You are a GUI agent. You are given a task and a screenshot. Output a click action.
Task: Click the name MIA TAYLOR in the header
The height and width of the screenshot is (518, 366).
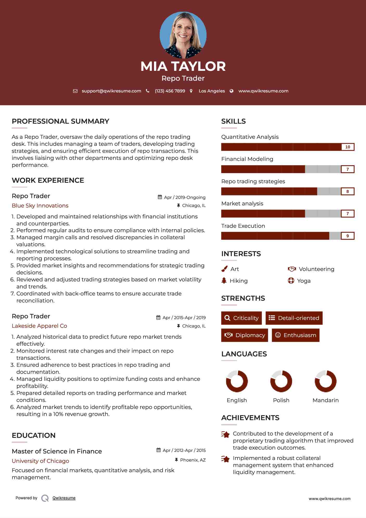[x=183, y=66]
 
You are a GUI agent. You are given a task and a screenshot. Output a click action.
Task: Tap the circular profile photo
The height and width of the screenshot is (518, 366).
[x=183, y=35]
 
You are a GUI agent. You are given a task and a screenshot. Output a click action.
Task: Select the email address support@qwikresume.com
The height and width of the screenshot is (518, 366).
[x=111, y=91]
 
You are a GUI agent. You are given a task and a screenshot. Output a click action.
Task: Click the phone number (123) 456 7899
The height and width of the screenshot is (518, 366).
[x=170, y=91]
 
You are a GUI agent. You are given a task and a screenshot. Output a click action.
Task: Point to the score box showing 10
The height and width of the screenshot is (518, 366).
[x=348, y=147]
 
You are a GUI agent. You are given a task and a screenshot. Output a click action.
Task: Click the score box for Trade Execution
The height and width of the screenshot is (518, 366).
[x=348, y=236]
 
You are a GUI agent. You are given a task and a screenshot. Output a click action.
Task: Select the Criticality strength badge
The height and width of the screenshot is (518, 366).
[x=241, y=318]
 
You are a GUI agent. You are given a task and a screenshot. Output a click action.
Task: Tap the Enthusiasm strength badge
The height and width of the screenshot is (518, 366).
[x=296, y=335]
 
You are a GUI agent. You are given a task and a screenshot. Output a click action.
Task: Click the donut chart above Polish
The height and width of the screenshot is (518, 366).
[x=281, y=381]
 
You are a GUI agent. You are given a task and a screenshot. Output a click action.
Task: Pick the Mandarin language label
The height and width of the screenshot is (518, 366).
[x=325, y=400]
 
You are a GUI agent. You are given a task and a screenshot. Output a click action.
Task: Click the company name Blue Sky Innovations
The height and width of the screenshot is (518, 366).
[x=40, y=206]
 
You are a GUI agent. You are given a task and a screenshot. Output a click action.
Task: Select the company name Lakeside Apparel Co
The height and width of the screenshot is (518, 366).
[x=39, y=326]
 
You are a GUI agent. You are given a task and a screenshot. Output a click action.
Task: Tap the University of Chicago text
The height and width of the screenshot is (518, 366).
[x=40, y=461]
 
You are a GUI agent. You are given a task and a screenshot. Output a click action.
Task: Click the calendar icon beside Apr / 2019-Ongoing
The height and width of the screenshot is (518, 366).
[x=160, y=197]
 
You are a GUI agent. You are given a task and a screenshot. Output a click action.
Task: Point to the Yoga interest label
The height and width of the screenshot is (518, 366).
[x=304, y=281]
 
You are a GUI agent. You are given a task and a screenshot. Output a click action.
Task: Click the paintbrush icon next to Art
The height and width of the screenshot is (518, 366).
[x=224, y=269]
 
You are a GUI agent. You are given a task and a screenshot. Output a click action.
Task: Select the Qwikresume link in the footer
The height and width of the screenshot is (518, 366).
[x=64, y=498]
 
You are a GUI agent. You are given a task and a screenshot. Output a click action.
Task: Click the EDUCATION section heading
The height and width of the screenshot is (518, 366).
[x=34, y=435]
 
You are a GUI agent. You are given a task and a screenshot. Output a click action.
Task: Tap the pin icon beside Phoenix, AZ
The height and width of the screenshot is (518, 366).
[x=176, y=460]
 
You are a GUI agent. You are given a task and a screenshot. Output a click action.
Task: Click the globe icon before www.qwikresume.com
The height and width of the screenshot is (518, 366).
[x=232, y=91]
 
